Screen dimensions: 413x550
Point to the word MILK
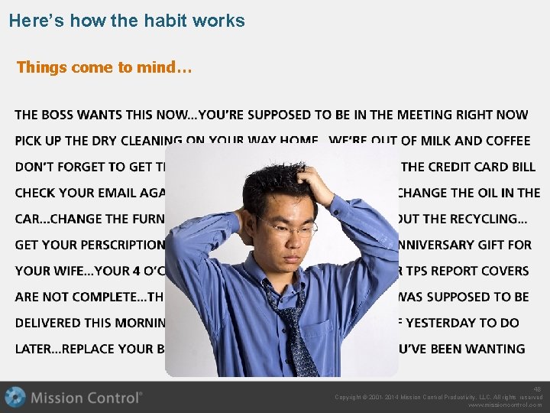(x=438, y=141)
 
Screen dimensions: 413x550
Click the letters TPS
(x=418, y=271)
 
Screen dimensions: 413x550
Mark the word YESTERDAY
(x=451, y=323)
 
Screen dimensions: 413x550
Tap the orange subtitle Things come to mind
(x=104, y=67)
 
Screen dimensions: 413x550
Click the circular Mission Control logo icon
(x=15, y=397)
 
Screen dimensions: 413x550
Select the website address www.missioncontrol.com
(x=505, y=405)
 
